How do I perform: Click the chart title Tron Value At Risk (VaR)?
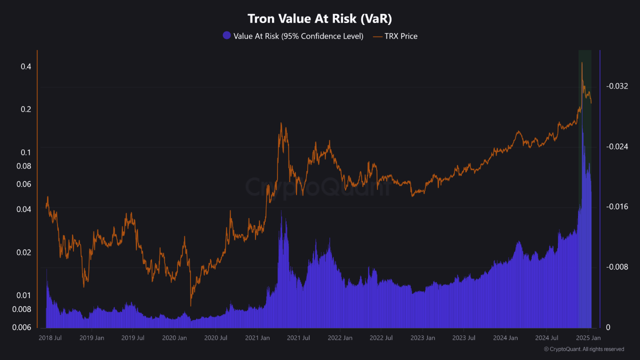coord(319,18)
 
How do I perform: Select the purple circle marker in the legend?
coord(226,36)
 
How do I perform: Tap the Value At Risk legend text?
coord(298,36)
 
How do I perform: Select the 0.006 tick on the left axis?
coord(21,327)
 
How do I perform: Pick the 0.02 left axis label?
coord(23,252)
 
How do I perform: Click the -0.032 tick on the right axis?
coord(616,86)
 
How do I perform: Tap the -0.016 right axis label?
coord(616,206)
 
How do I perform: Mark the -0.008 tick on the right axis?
coord(616,267)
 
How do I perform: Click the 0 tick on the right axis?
coord(608,327)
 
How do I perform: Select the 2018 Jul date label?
coord(50,338)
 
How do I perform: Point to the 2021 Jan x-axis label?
coord(257,338)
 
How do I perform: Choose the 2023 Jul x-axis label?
coord(463,338)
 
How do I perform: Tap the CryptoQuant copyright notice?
coord(583,349)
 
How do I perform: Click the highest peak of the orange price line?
coord(582,62)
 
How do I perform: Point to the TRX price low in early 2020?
coord(190,305)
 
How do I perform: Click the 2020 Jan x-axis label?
coord(174,338)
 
